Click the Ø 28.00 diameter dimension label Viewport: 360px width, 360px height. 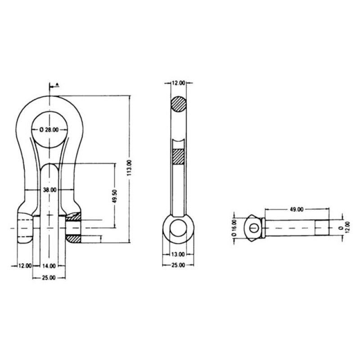tap(49, 130)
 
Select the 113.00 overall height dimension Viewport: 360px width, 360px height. tap(129, 168)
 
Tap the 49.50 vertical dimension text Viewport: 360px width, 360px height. tap(115, 196)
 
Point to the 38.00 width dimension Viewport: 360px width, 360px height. tap(49, 190)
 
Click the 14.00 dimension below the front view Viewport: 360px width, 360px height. tap(49, 266)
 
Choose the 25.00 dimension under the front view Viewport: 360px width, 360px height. tap(49, 278)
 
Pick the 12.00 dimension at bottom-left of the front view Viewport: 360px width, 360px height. tap(25, 266)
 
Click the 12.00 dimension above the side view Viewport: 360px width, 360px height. tap(178, 83)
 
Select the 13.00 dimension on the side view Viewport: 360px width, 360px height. tap(178, 254)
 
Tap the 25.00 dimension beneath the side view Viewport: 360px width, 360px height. tap(178, 265)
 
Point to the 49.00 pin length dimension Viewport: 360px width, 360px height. tap(297, 209)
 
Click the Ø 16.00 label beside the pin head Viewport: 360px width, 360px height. tap(234, 228)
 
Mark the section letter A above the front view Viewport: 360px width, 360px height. tap(58, 85)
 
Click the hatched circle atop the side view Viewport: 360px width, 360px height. tap(179, 104)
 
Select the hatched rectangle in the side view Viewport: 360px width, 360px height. tap(178, 157)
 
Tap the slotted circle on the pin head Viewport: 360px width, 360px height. tap(254, 228)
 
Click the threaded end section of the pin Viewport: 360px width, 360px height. tap(322, 228)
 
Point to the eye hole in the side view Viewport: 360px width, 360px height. tap(178, 228)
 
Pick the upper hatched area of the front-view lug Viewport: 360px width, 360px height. tap(73, 217)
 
